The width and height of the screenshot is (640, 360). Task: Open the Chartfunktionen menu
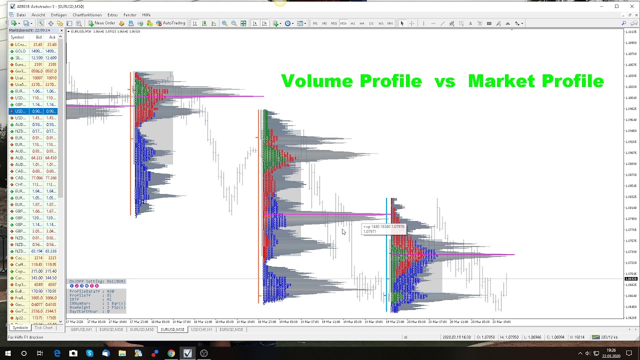(x=87, y=15)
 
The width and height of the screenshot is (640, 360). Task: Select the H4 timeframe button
(x=361, y=23)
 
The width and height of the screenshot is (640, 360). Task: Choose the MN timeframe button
(x=390, y=23)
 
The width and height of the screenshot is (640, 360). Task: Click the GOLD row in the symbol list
(x=20, y=51)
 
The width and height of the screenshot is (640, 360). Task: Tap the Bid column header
(x=38, y=37)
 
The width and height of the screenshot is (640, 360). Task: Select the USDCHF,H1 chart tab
(x=201, y=329)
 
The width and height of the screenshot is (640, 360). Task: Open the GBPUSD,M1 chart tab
(x=81, y=329)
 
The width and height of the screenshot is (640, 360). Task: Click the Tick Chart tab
(x=43, y=328)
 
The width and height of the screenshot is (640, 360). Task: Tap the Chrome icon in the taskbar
(x=171, y=353)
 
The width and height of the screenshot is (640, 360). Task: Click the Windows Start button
(x=7, y=353)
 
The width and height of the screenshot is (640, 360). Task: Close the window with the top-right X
(x=631, y=6)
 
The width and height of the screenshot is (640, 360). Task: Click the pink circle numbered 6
(x=96, y=286)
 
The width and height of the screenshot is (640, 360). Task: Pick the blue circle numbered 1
(x=72, y=286)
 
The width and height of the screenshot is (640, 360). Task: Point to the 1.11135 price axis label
(x=631, y=32)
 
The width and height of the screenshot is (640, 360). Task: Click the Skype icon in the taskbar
(x=89, y=353)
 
